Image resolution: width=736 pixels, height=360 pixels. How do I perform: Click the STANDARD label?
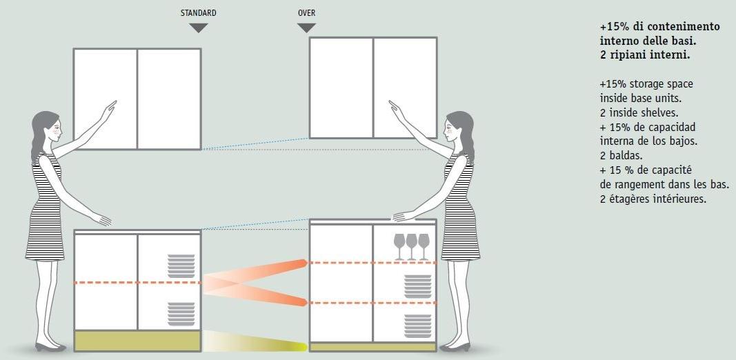(198, 13)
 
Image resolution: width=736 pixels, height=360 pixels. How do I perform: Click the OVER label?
(306, 13)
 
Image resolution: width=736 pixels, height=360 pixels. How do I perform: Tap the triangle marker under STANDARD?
(198, 28)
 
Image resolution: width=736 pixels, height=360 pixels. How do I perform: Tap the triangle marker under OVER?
(306, 28)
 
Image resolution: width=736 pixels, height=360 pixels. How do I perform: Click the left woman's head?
(46, 128)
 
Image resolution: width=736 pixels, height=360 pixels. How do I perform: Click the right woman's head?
(459, 128)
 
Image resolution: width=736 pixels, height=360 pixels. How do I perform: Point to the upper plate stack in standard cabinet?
(181, 266)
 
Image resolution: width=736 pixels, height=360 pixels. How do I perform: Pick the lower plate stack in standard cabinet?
(181, 314)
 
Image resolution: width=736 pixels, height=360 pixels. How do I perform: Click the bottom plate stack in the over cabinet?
(417, 326)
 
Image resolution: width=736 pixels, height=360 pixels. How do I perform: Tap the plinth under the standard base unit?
(137, 341)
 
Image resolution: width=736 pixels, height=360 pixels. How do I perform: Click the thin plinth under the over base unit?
(373, 346)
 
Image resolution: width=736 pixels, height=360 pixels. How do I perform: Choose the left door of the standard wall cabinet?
(106, 98)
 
